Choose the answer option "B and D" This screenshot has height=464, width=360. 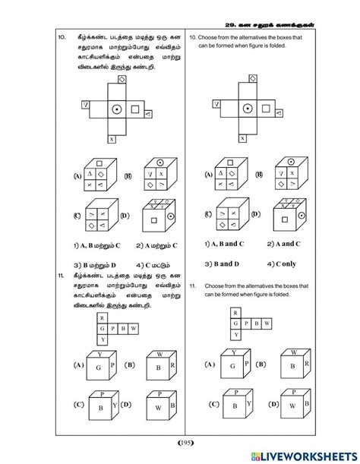(217, 264)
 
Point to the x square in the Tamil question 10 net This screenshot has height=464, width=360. (112, 138)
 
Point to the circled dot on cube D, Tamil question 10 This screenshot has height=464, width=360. (171, 216)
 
